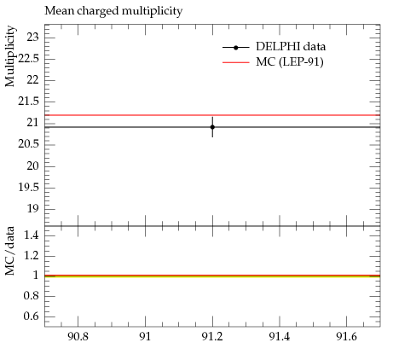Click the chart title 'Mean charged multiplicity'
(113, 11)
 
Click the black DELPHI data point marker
(212, 127)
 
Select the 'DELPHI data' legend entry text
(291, 47)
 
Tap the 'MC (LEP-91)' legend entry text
(290, 62)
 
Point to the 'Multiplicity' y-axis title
(9, 56)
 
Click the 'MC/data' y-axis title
(9, 251)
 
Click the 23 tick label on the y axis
(32, 37)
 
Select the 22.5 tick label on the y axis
(28, 59)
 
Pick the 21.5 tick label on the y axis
(28, 102)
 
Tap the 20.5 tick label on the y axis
(28, 144)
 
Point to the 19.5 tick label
(28, 187)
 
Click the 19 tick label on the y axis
(32, 209)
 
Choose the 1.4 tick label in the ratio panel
(31, 235)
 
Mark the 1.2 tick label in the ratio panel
(31, 255)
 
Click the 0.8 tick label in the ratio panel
(31, 296)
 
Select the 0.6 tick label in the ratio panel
(31, 316)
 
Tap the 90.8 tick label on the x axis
(78, 337)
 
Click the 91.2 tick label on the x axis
(212, 337)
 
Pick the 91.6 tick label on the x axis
(346, 337)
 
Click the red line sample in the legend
(236, 62)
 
